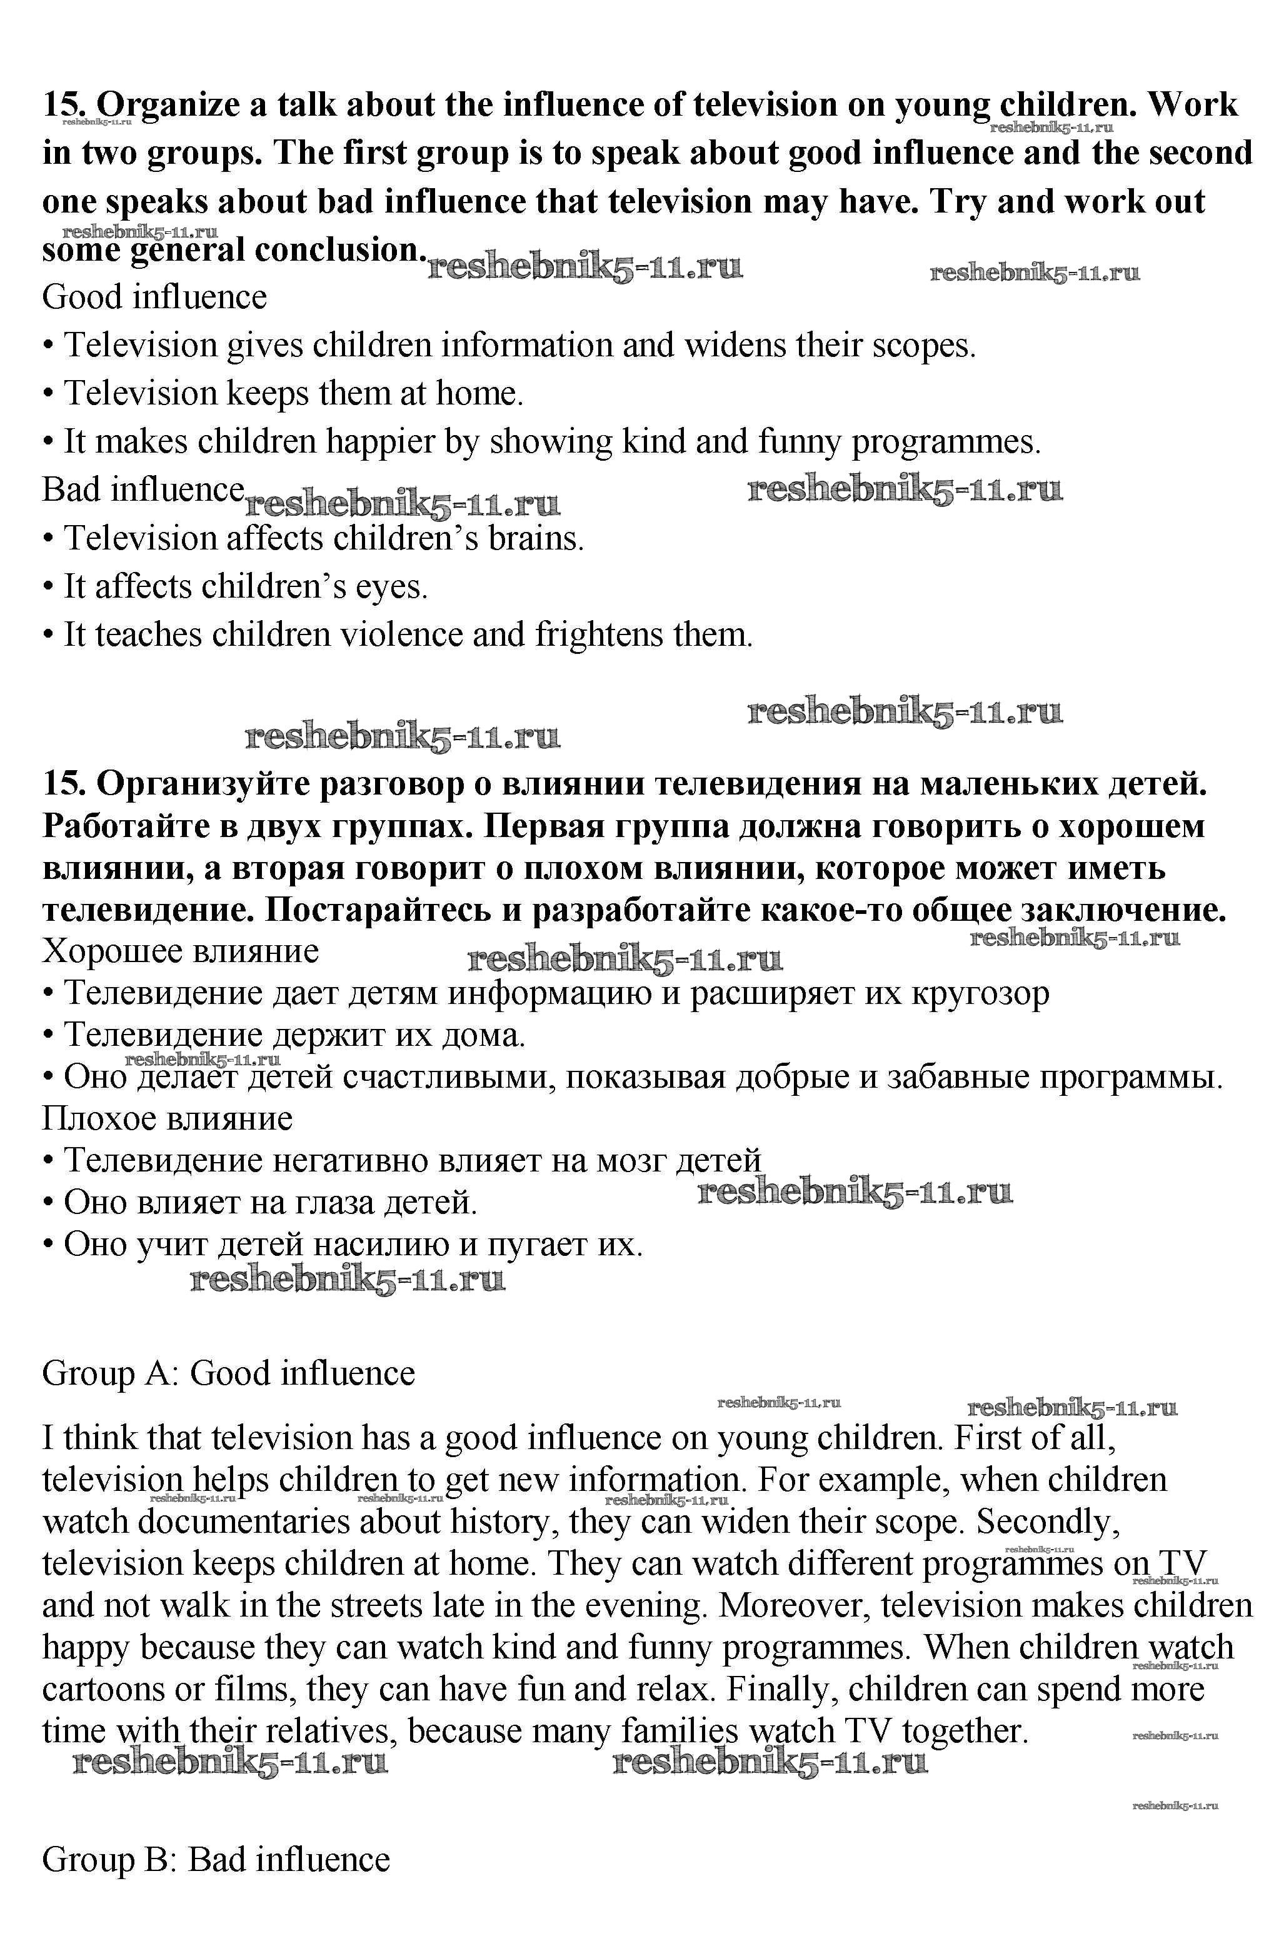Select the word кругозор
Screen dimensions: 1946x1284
(980, 993)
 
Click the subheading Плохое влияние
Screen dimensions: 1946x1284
(167, 1118)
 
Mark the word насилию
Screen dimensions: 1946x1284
(381, 1245)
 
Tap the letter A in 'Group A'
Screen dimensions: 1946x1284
(161, 1373)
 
